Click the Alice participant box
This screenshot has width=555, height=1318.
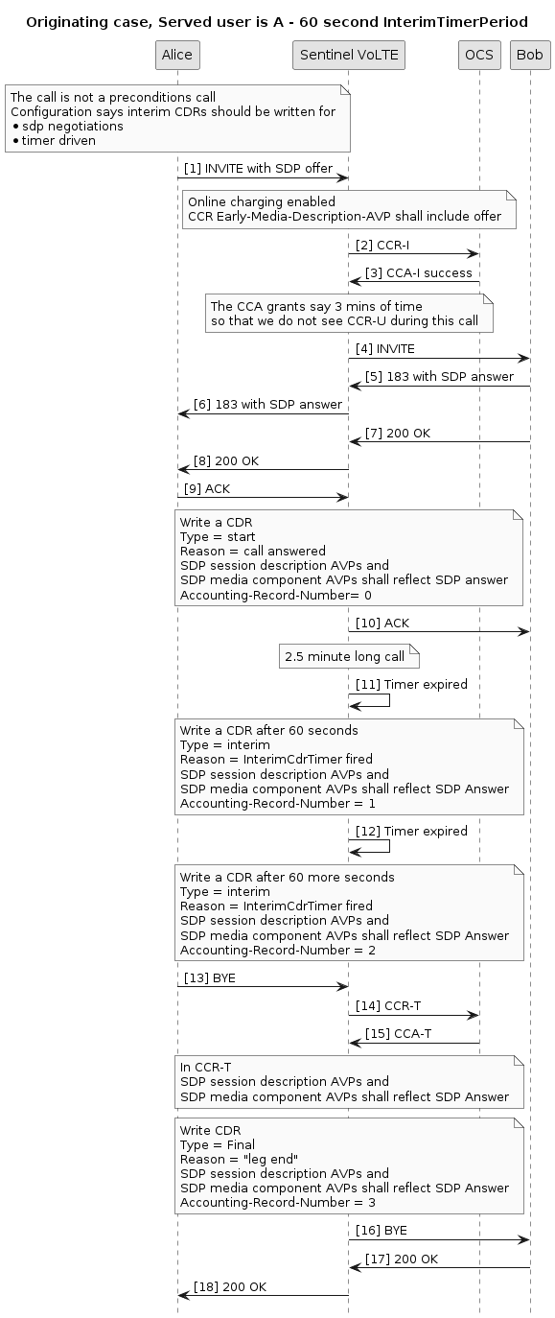pos(177,56)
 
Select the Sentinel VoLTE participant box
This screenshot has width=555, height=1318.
pos(349,56)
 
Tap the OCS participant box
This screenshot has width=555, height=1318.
pos(479,56)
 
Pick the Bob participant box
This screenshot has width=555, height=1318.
pos(530,56)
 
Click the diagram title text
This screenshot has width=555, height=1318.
pos(277,22)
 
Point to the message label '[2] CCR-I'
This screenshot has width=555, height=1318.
pos(382,246)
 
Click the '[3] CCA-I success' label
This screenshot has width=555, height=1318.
pos(418,273)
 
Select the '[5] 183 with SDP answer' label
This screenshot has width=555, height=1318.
pos(439,377)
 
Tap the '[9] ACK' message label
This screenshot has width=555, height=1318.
pos(207,489)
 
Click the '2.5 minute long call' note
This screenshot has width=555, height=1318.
pos(349,657)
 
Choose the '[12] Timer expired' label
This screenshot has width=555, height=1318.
pos(411,832)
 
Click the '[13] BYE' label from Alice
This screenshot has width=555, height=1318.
pos(209,977)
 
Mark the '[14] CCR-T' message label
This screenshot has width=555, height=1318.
pos(388,1006)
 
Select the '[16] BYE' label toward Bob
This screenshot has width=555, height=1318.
pos(381,1231)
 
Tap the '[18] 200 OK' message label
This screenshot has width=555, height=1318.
pos(230,1286)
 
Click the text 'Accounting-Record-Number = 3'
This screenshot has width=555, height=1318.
pos(278,1202)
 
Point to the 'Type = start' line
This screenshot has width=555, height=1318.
pos(218,536)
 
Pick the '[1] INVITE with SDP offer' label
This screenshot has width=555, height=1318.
pos(258,168)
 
